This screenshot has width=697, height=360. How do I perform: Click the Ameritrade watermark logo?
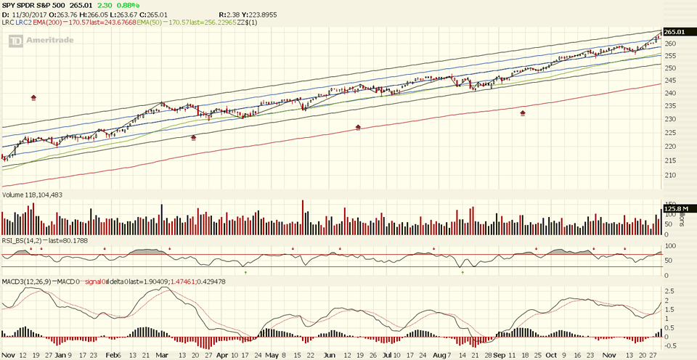click(x=37, y=41)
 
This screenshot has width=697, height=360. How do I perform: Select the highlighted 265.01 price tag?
click(x=674, y=32)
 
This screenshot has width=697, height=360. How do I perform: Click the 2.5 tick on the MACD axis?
click(x=670, y=291)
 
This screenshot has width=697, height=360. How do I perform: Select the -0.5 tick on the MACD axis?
click(x=670, y=345)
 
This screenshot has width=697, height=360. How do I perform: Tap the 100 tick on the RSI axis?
click(x=670, y=246)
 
